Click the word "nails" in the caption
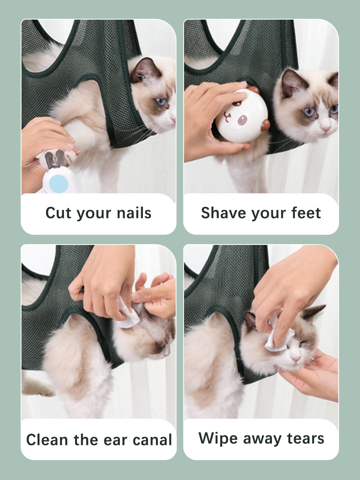pyautogui.click(x=134, y=213)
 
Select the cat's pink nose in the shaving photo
pyautogui.click(x=326, y=129)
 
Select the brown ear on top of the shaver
pyautogui.click(x=253, y=90)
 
